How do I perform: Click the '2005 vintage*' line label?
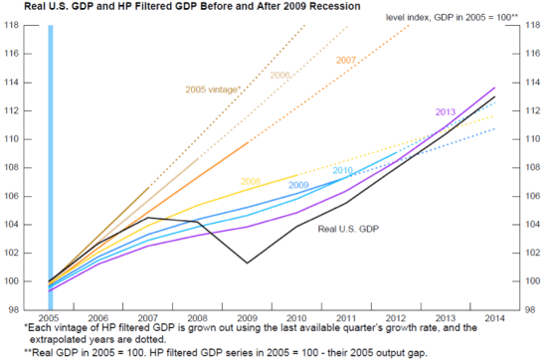(213, 90)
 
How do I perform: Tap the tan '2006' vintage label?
(279, 76)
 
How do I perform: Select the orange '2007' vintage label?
(345, 61)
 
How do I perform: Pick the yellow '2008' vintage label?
(252, 182)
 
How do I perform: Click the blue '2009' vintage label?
(298, 185)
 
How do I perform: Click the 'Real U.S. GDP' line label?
(348, 230)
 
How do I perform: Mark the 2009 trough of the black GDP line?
(248, 264)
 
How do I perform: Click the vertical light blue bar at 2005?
(51, 159)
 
